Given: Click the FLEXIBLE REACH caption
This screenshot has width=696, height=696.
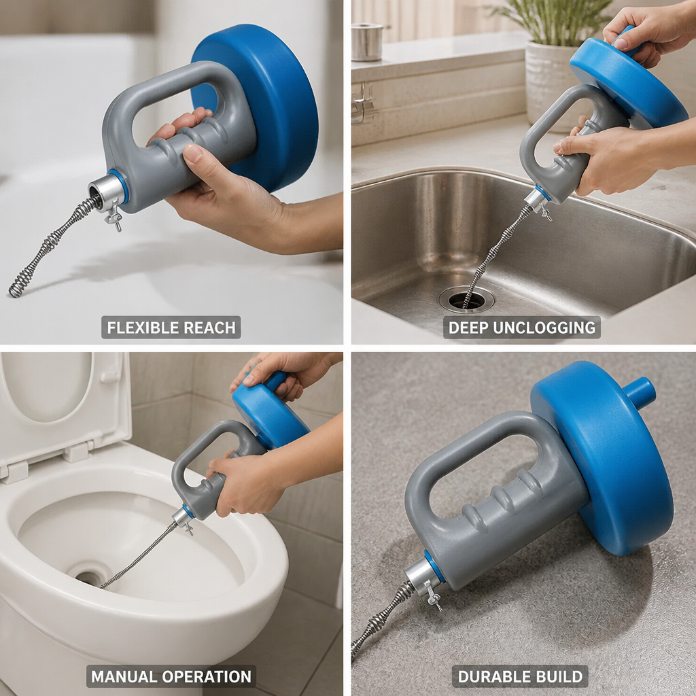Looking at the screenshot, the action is tap(171, 328).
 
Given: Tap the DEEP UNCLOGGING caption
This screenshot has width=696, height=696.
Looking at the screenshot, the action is tap(521, 328).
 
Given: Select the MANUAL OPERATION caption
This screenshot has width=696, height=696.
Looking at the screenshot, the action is tap(171, 676).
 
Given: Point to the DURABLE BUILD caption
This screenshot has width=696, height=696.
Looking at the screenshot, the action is tap(520, 676).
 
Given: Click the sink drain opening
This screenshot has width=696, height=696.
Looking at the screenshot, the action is tap(466, 300).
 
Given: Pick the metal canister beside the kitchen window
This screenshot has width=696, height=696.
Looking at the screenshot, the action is tap(366, 42).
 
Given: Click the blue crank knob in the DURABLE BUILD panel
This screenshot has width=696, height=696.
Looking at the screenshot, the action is tap(639, 393).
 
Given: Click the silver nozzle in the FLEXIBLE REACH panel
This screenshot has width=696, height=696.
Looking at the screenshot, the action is tap(104, 192).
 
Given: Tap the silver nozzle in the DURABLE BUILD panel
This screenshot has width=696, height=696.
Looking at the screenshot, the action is tap(420, 577).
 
